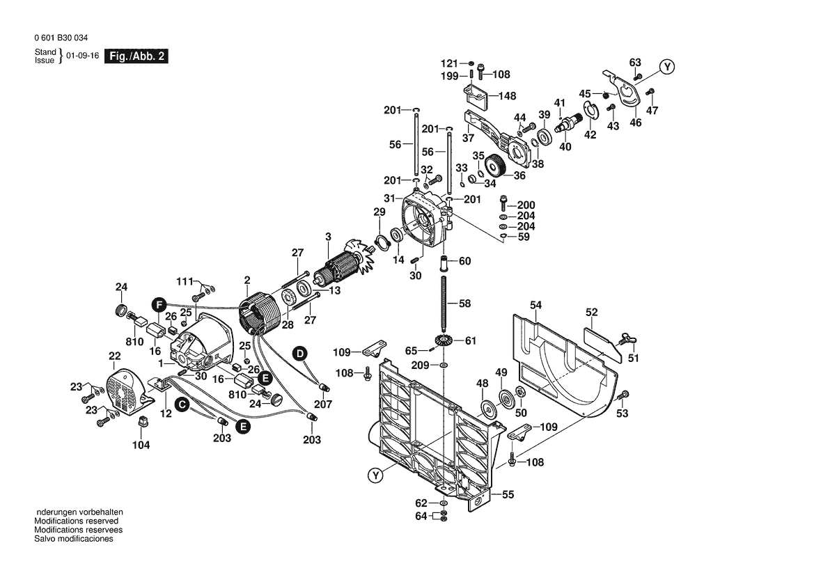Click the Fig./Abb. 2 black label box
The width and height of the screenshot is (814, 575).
(136, 56)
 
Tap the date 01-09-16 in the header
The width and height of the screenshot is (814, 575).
(82, 56)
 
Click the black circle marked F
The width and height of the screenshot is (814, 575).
(159, 304)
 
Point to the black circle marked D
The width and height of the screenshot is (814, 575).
(299, 354)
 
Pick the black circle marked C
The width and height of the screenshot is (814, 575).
(181, 404)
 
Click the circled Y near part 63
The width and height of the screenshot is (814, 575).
(667, 67)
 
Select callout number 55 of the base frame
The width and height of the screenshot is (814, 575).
(508, 494)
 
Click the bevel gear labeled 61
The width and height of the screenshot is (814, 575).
(442, 340)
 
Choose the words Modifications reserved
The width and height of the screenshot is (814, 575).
(77, 521)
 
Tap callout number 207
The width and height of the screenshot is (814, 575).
(322, 404)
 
